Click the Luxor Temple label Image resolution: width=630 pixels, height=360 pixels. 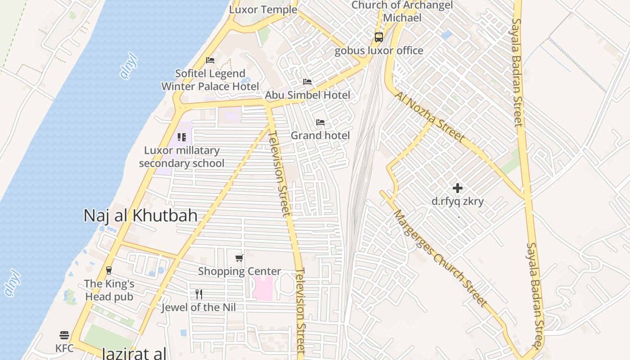pyautogui.click(x=263, y=9)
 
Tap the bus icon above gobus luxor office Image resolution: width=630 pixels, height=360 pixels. pyautogui.click(x=379, y=37)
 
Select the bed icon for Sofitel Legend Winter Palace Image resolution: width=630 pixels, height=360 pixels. pyautogui.click(x=210, y=60)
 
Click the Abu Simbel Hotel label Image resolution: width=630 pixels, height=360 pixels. pyautogui.click(x=307, y=95)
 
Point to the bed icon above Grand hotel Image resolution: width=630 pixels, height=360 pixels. pyautogui.click(x=320, y=122)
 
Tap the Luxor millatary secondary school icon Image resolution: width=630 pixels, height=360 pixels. pyautogui.click(x=182, y=137)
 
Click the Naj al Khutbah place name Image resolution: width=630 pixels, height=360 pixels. pyautogui.click(x=140, y=216)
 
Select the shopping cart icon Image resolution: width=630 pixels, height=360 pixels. pyautogui.click(x=239, y=258)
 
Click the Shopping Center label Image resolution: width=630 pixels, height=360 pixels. pyautogui.click(x=239, y=271)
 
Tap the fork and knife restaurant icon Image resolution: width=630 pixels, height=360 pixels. pyautogui.click(x=199, y=294)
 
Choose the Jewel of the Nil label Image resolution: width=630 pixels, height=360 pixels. pyautogui.click(x=199, y=307)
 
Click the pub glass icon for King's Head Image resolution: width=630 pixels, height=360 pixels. pyautogui.click(x=108, y=270)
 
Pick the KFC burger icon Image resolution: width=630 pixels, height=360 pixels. pyautogui.click(x=64, y=335)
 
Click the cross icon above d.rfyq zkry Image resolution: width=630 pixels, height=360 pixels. pyautogui.click(x=458, y=188)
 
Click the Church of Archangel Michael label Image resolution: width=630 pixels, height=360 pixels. pyautogui.click(x=402, y=11)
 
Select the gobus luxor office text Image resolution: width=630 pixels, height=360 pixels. pyautogui.click(x=379, y=50)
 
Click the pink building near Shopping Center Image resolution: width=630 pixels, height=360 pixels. pyautogui.click(x=263, y=288)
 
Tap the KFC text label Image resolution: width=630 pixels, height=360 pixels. pyautogui.click(x=64, y=348)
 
